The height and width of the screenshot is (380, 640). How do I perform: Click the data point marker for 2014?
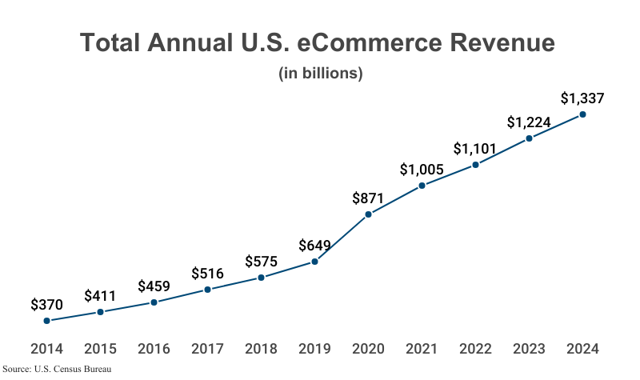pyautogui.click(x=46, y=321)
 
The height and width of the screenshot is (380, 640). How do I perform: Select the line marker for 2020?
pyautogui.click(x=368, y=214)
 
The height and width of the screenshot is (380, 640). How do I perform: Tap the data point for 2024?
pyautogui.click(x=582, y=114)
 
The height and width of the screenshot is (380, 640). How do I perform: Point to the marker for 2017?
pyautogui.click(x=207, y=290)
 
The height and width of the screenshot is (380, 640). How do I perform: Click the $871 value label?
pyautogui.click(x=368, y=198)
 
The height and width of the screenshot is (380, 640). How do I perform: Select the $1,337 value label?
pyautogui.click(x=582, y=98)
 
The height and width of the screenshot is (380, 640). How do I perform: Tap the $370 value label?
pyautogui.click(x=46, y=305)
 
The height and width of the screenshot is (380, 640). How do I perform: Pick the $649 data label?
pyautogui.click(x=314, y=246)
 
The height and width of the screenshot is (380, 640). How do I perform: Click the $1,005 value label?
pyautogui.click(x=422, y=170)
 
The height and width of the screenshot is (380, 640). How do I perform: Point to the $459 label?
pyautogui.click(x=154, y=286)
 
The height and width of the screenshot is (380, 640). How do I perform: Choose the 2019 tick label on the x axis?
pyautogui.click(x=314, y=349)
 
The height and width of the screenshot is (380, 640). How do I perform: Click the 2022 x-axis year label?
pyautogui.click(x=475, y=349)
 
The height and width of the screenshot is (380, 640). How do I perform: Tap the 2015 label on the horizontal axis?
pyautogui.click(x=100, y=349)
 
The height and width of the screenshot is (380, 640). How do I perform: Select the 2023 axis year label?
pyautogui.click(x=529, y=349)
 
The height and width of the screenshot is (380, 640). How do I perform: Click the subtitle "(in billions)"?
pyautogui.click(x=321, y=73)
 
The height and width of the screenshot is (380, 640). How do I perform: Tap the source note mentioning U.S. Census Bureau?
pyautogui.click(x=56, y=370)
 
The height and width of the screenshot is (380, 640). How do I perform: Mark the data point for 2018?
pyautogui.click(x=261, y=278)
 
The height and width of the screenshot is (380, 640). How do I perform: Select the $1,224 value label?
pyautogui.click(x=529, y=122)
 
